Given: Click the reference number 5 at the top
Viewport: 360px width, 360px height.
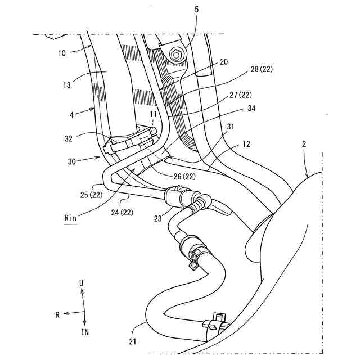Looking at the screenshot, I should coord(197,9).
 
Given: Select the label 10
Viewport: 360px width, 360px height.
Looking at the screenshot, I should coord(62,53).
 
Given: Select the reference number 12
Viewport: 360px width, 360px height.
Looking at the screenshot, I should coord(246,145).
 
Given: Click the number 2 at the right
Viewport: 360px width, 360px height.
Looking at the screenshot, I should coord(304,144).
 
